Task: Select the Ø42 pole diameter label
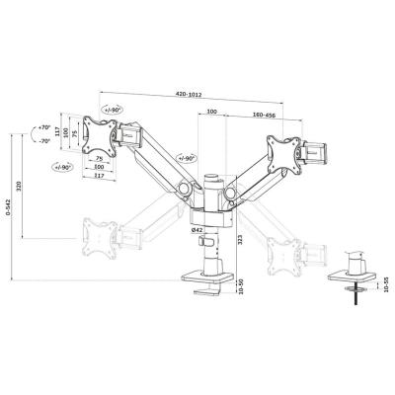click(x=197, y=230)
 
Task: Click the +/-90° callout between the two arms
click(x=189, y=158)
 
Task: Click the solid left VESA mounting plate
click(x=100, y=135)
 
